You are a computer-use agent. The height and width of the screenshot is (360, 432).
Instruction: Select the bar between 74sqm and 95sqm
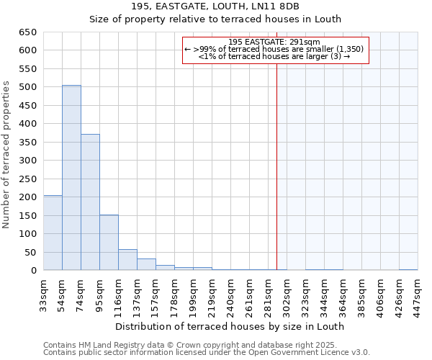[90, 202]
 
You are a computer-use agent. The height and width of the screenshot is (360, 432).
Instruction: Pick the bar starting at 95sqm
[109, 243]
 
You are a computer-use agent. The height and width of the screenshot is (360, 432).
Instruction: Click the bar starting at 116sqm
[127, 260]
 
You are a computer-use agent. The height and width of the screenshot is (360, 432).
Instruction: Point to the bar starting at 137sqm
[146, 264]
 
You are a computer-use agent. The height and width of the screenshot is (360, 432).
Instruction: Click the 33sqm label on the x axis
[44, 293]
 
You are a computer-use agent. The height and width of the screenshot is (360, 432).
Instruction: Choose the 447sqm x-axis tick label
[418, 293]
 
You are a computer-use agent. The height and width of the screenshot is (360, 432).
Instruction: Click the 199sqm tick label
[194, 293]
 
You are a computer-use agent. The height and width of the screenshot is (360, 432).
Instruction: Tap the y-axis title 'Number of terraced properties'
[6, 155]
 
